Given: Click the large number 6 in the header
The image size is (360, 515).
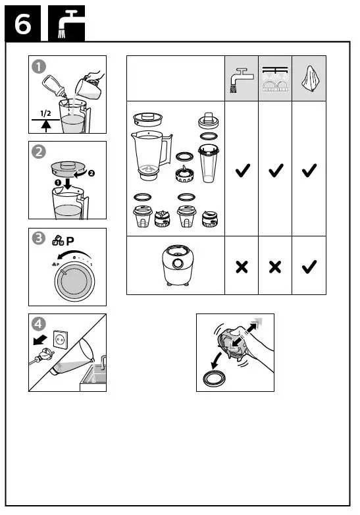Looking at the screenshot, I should (x=23, y=24).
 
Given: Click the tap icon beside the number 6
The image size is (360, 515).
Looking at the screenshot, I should (x=66, y=24).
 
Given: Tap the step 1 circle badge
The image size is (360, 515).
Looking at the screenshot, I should (x=40, y=67).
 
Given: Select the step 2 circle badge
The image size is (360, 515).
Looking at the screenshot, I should (x=40, y=151).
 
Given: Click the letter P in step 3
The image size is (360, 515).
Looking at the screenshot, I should (x=71, y=242).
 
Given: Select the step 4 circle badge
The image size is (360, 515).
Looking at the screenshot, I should (x=40, y=325).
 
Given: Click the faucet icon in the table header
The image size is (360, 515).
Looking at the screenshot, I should (x=241, y=78).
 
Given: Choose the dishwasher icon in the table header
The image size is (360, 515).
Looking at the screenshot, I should (x=274, y=78).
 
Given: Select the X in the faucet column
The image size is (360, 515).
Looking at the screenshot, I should (x=242, y=267).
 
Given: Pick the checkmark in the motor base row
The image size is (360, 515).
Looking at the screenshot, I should (x=308, y=267).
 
